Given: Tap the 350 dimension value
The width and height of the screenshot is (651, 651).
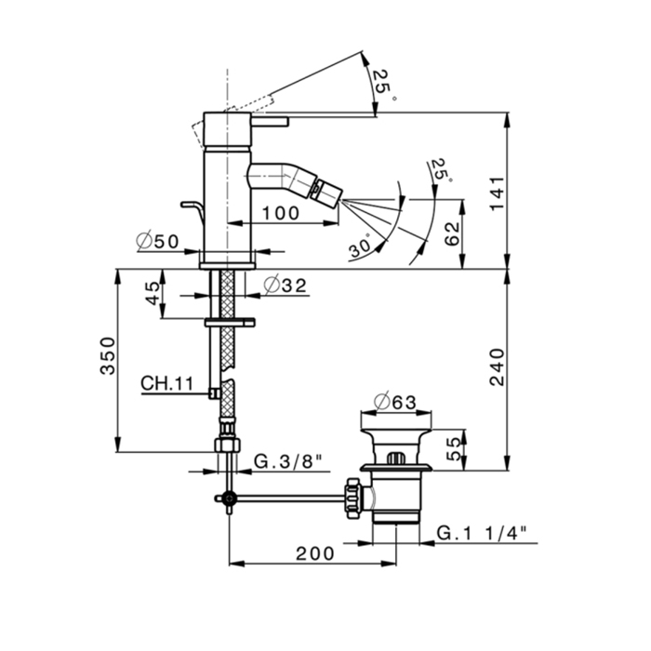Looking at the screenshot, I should (x=109, y=356).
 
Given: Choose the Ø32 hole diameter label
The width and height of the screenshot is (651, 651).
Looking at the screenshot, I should (x=285, y=286).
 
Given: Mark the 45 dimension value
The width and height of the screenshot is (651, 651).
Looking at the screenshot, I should (x=152, y=295).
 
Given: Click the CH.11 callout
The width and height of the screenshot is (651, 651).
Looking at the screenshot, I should (x=167, y=382).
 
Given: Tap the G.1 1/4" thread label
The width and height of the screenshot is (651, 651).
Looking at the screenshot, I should (x=482, y=533).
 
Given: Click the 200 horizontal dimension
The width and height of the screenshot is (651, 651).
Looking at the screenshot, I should (x=315, y=553).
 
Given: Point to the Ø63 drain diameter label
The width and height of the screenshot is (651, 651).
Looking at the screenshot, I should (x=396, y=403).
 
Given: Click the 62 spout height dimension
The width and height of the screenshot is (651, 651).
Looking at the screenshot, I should (x=453, y=233).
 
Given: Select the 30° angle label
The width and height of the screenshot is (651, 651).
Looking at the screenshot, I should (x=362, y=246).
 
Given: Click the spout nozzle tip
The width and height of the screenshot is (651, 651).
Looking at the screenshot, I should (x=331, y=195).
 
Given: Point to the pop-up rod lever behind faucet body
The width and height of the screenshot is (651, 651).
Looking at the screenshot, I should (x=191, y=208).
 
